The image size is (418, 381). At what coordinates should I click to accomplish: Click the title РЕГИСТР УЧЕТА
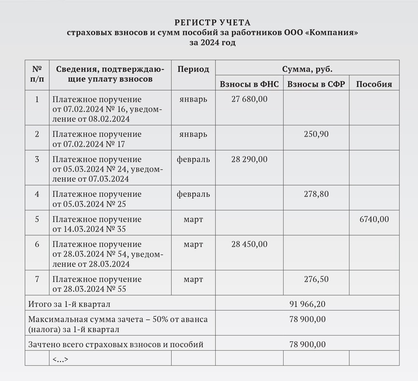coord(213,23)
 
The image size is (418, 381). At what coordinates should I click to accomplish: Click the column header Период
coord(193,69)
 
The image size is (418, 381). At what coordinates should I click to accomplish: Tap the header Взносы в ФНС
coord(249,84)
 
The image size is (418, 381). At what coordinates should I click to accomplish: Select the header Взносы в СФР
coord(316,84)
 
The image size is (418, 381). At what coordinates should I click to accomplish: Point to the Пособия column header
coord(374,84)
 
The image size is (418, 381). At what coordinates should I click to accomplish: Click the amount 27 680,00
coord(249,99)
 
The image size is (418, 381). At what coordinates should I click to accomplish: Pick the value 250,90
coord(316,134)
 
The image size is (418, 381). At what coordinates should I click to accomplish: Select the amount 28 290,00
coord(249,159)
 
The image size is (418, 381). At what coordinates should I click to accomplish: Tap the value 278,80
coord(316,194)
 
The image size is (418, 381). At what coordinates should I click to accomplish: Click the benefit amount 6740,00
coord(374,219)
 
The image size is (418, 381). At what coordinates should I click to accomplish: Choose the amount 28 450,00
coord(249,244)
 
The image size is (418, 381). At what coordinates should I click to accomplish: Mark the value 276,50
coord(316,279)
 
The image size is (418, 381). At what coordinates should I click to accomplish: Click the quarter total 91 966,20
coord(307,304)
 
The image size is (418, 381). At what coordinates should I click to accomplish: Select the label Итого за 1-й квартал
coord(70,304)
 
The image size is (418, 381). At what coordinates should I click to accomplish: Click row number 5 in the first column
coord(37,219)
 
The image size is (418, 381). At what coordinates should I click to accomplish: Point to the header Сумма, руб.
coord(307,69)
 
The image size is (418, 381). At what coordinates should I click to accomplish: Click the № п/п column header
coord(37,74)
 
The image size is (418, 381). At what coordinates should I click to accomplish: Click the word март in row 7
coord(193,279)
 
